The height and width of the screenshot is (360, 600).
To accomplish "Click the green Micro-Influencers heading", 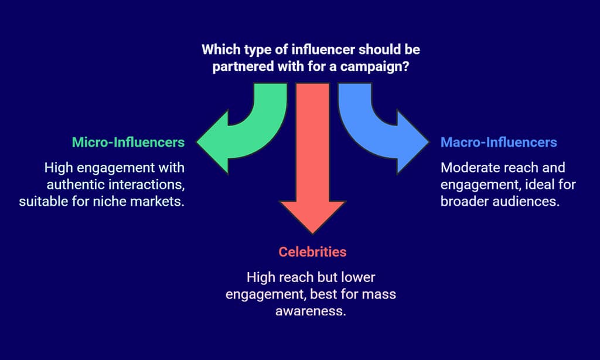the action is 128,142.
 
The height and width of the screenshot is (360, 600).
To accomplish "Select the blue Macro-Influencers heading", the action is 499,142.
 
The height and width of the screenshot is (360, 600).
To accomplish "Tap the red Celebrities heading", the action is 312,252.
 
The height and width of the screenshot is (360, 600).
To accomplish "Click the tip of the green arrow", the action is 197,142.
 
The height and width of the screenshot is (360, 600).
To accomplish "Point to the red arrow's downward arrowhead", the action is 312,217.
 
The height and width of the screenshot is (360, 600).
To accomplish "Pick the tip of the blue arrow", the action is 428,142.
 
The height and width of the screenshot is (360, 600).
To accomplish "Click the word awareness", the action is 311,311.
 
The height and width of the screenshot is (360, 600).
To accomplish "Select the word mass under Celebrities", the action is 379,294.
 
